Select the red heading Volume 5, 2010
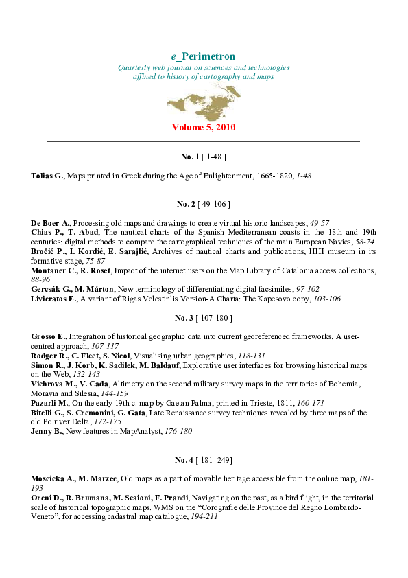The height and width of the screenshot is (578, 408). click(204, 128)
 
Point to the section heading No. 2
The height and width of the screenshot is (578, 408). click(186, 204)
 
